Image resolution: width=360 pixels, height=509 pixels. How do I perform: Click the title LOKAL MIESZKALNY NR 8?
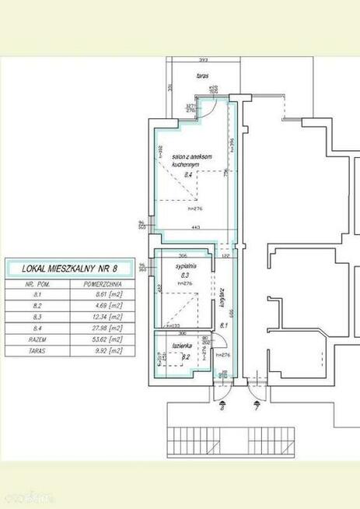(x=68, y=269)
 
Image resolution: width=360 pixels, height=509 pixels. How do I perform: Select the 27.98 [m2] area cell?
(x=103, y=328)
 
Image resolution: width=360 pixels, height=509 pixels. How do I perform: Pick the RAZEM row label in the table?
(x=35, y=339)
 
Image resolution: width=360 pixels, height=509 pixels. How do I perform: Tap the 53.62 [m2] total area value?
(x=103, y=339)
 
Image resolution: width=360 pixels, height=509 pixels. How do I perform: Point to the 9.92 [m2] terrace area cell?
(x=103, y=351)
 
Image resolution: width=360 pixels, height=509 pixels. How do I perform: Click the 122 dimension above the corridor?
(x=225, y=255)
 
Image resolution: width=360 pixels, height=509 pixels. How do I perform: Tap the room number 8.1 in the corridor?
(x=223, y=325)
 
